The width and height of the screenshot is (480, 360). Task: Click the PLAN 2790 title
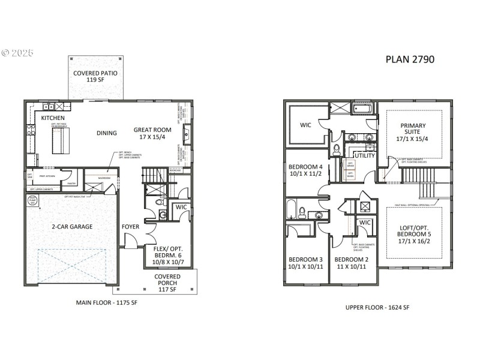click(x=409, y=59)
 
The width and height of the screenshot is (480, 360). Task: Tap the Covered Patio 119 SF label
click(x=95, y=76)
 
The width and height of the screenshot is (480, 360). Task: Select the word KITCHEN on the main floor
click(x=53, y=118)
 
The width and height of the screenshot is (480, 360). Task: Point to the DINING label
click(x=107, y=133)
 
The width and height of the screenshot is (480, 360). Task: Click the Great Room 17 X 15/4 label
click(x=152, y=133)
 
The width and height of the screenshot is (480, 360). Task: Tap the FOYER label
click(x=131, y=227)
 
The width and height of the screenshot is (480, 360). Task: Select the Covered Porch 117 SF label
click(x=167, y=283)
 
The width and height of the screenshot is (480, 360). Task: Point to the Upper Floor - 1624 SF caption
click(x=377, y=307)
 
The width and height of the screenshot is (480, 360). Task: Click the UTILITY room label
click(x=364, y=156)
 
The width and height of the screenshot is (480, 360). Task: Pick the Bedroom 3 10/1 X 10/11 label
click(x=306, y=263)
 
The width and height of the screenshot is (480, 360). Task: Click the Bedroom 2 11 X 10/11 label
click(x=352, y=263)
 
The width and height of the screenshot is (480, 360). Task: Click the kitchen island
click(x=61, y=141)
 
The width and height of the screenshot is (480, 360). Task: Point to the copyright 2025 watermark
click(x=17, y=53)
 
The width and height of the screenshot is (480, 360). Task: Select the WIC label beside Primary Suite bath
click(x=305, y=125)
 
